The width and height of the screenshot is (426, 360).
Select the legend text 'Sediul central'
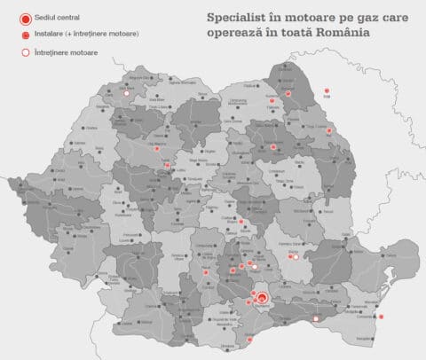(x=53, y=18)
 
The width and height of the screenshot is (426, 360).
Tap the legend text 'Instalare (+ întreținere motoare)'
(x=75, y=35)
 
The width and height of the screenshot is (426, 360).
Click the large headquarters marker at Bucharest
(x=263, y=298)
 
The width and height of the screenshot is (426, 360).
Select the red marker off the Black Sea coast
(x=381, y=317)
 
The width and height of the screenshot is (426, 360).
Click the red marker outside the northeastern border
(x=327, y=90)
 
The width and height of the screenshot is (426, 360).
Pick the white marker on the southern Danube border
(x=251, y=339)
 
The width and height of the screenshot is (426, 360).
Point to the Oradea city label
(x=91, y=128)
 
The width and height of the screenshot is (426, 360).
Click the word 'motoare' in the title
(x=315, y=17)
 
